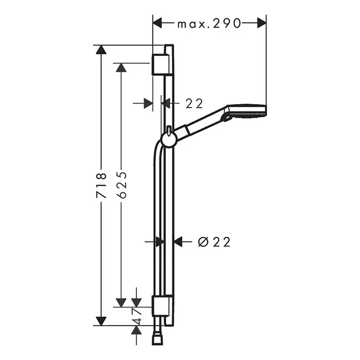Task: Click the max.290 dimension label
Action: click(209, 23)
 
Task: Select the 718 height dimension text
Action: click(101, 186)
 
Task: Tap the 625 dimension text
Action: click(121, 185)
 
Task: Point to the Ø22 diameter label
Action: click(214, 242)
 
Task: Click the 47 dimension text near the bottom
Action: click(137, 317)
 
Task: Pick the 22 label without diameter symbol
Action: click(194, 104)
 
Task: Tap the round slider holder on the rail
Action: click(168, 140)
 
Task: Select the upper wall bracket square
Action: click(161, 64)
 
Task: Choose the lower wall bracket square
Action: click(161, 306)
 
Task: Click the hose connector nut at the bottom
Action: click(158, 340)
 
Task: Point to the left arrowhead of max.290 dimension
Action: click(157, 23)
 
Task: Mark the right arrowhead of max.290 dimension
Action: click(262, 23)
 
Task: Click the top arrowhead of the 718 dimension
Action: click(101, 50)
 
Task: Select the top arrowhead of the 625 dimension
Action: click(121, 68)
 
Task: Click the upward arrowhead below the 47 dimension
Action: click(136, 331)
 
